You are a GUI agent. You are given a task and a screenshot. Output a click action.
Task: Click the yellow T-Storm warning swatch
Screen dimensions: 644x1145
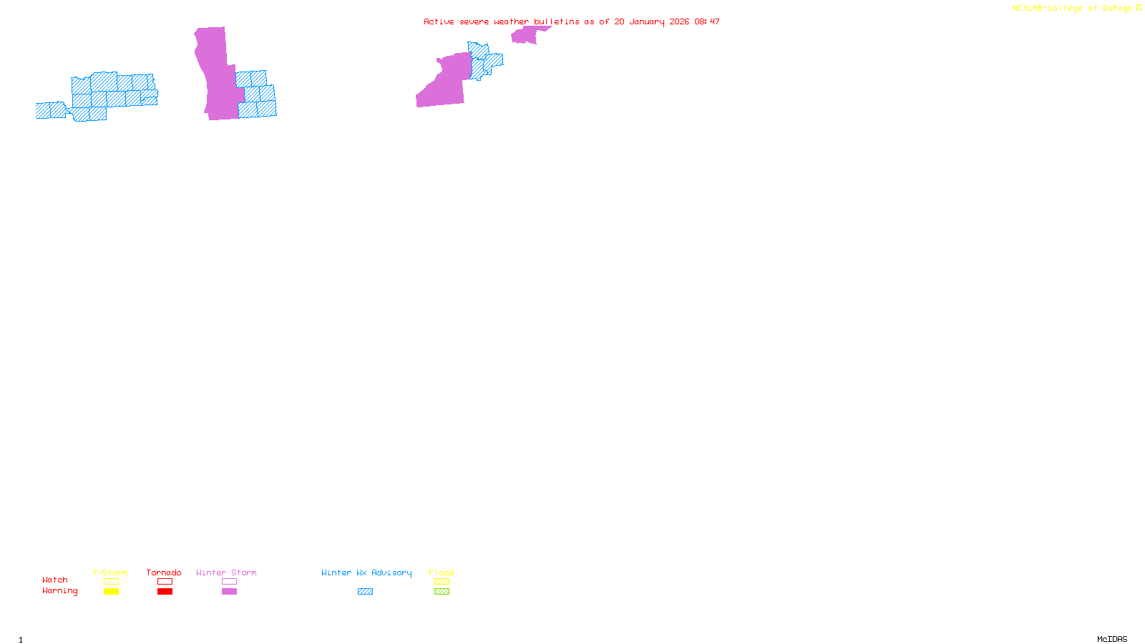(111, 592)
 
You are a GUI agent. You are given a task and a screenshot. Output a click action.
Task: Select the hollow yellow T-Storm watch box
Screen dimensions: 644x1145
(111, 582)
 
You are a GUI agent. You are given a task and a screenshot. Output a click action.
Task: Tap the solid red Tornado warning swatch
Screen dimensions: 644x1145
(165, 592)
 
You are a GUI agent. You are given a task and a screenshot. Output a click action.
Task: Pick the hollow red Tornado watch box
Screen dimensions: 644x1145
(165, 582)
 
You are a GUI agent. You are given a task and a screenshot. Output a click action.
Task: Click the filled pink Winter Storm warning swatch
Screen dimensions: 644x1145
(229, 592)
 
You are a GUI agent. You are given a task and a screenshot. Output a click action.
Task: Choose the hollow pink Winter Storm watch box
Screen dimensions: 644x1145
(229, 582)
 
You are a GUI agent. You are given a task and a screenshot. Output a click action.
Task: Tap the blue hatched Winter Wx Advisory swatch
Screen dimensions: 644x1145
(365, 592)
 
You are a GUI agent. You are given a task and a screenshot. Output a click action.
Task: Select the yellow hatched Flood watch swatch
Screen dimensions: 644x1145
(442, 582)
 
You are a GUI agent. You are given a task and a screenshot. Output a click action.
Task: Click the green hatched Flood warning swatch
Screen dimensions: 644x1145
(442, 592)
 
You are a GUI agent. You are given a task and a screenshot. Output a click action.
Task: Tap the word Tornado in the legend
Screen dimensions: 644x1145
(164, 572)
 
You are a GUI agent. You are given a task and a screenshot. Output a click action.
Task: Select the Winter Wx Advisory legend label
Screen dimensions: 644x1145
(366, 572)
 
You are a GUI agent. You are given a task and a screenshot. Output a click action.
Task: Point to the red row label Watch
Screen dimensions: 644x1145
(55, 580)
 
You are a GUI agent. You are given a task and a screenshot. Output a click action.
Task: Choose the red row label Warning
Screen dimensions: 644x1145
(60, 591)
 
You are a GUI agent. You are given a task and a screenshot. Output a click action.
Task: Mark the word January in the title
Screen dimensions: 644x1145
(647, 22)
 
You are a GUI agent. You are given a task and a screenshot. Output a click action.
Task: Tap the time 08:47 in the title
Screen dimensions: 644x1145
(707, 22)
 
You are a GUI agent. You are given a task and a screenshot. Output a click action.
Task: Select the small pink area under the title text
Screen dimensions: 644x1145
(526, 36)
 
